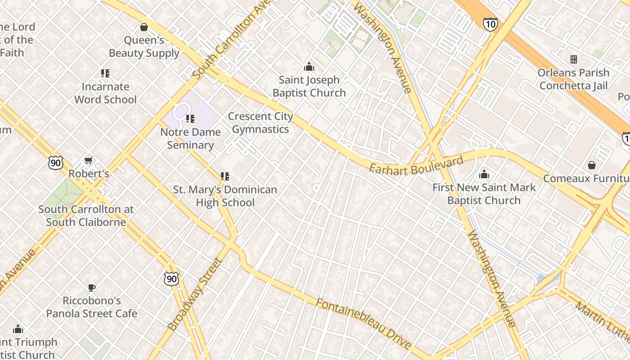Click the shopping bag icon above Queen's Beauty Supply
(x=144, y=27)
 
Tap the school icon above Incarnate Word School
(x=105, y=73)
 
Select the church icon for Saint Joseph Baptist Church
(x=309, y=67)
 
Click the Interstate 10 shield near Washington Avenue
(x=490, y=24)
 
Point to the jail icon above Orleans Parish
(x=574, y=59)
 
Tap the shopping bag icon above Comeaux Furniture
(x=592, y=165)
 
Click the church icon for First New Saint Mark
(x=484, y=174)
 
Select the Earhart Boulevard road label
(x=416, y=165)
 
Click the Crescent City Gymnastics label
(x=261, y=123)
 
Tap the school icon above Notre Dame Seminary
(x=190, y=119)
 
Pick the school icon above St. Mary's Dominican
(x=225, y=176)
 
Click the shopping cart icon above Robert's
(x=89, y=161)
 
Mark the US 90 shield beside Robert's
(x=56, y=163)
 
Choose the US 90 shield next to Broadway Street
(x=171, y=279)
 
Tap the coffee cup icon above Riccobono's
(x=92, y=288)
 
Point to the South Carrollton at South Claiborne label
(x=85, y=216)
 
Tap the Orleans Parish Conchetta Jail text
(x=574, y=79)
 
